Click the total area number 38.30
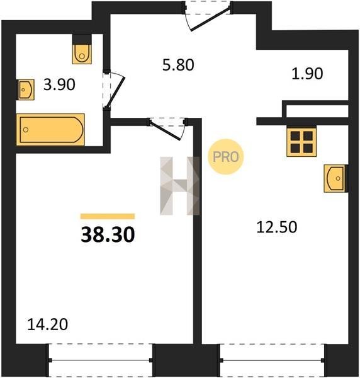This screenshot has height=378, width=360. pyautogui.click(x=108, y=235)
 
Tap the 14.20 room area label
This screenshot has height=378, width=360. pyautogui.click(x=47, y=324)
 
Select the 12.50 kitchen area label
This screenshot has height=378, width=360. pyautogui.click(x=277, y=227)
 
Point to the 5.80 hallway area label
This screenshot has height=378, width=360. pyautogui.click(x=178, y=65)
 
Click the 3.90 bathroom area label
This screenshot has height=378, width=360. pyautogui.click(x=59, y=84)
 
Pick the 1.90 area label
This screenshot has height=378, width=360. pyautogui.click(x=307, y=74)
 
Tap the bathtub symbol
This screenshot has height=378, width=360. pyautogui.click(x=50, y=130)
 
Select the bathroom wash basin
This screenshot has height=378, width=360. pyautogui.click(x=25, y=89)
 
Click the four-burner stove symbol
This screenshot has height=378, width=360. pyautogui.click(x=301, y=142)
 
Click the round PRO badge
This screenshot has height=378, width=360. pyautogui.click(x=226, y=157)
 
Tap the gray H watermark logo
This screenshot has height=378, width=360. pyautogui.click(x=179, y=186)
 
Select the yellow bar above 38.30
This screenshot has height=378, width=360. pyautogui.click(x=108, y=216)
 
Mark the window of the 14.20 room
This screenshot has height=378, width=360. pyautogui.click(x=101, y=360)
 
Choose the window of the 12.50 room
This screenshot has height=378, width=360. pyautogui.click(x=272, y=360)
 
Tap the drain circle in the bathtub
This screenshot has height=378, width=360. pyautogui.click(x=26, y=130)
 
